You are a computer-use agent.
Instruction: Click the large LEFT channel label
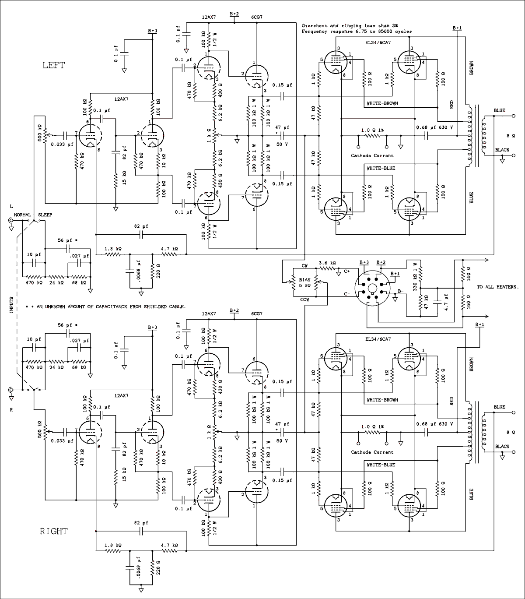pos(53,65)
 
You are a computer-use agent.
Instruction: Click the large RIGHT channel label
pos(54,531)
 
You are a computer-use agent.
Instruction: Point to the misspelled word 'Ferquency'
pos(315,32)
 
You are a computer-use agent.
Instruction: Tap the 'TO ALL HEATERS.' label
pos(497,287)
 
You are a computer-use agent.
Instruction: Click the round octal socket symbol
pos(372,288)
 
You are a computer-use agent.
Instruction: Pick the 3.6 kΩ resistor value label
pos(327,263)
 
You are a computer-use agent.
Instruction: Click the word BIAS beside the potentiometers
pos(305,279)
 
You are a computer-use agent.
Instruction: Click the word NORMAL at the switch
pos(22,215)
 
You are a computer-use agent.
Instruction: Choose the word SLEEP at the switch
pos(45,215)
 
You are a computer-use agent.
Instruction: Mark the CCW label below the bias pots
pos(305,299)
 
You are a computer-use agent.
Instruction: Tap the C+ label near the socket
pos(346,272)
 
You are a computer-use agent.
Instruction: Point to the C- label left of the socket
pos(346,294)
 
